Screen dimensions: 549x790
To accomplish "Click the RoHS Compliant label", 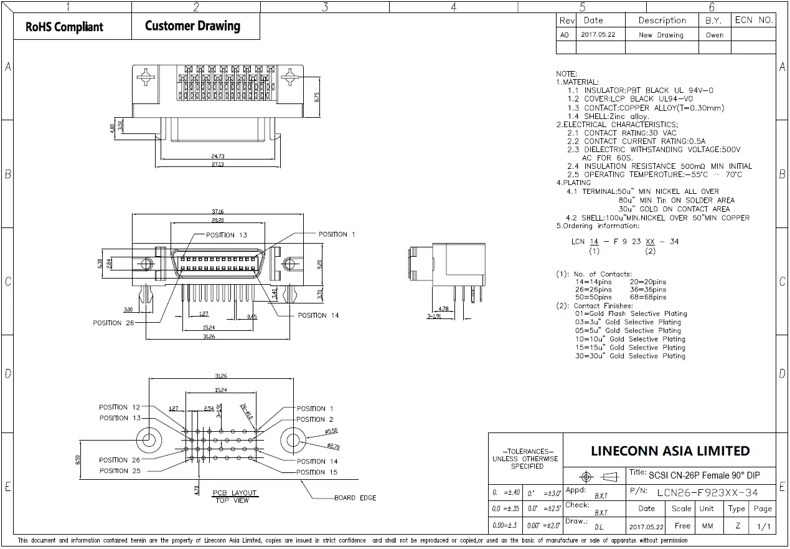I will click(64, 27).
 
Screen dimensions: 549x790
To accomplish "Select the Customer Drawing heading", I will click(192, 26).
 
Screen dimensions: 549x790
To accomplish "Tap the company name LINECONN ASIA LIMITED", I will click(670, 451).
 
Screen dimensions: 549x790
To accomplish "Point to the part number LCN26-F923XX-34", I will click(707, 493).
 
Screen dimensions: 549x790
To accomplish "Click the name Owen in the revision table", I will click(715, 35).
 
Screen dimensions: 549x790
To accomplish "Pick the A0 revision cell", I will click(565, 35).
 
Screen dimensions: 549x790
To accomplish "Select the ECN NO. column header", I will click(753, 20).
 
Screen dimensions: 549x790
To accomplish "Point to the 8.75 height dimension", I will click(317, 97).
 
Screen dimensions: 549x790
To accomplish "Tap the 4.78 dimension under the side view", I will click(443, 309).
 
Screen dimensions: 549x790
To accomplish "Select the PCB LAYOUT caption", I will click(235, 493).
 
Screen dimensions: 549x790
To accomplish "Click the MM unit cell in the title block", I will click(707, 526).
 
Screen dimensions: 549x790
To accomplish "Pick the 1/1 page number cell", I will click(763, 527).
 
